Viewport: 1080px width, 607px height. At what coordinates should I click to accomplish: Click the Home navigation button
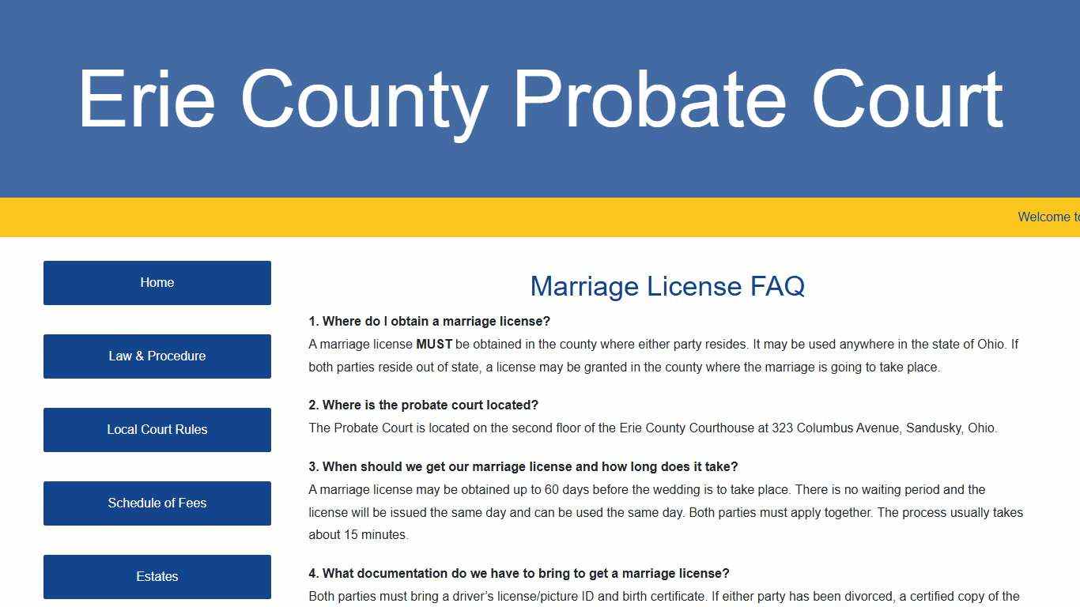(157, 282)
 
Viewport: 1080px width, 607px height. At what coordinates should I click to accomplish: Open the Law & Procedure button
(157, 356)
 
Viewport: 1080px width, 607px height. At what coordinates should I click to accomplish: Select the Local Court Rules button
(157, 429)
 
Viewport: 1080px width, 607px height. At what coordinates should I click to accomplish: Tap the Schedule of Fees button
(157, 503)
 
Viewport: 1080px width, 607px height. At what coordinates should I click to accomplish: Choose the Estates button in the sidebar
(157, 576)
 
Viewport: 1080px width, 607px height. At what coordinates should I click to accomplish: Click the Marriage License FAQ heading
(667, 286)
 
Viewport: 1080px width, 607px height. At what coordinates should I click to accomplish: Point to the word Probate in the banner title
(649, 100)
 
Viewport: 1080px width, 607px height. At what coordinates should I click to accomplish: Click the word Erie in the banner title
(146, 100)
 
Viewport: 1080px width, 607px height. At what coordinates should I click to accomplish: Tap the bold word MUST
(434, 345)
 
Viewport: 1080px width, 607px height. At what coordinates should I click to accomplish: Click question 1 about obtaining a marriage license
(429, 322)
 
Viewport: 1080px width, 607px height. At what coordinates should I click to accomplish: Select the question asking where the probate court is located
(423, 405)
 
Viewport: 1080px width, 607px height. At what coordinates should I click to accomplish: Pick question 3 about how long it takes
(523, 467)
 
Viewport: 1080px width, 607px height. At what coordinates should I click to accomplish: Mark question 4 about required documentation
(519, 574)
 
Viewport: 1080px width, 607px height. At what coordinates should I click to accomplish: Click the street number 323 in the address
(782, 428)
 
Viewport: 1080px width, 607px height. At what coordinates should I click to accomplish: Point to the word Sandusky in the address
(933, 428)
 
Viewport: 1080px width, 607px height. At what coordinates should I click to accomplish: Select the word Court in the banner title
(907, 100)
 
